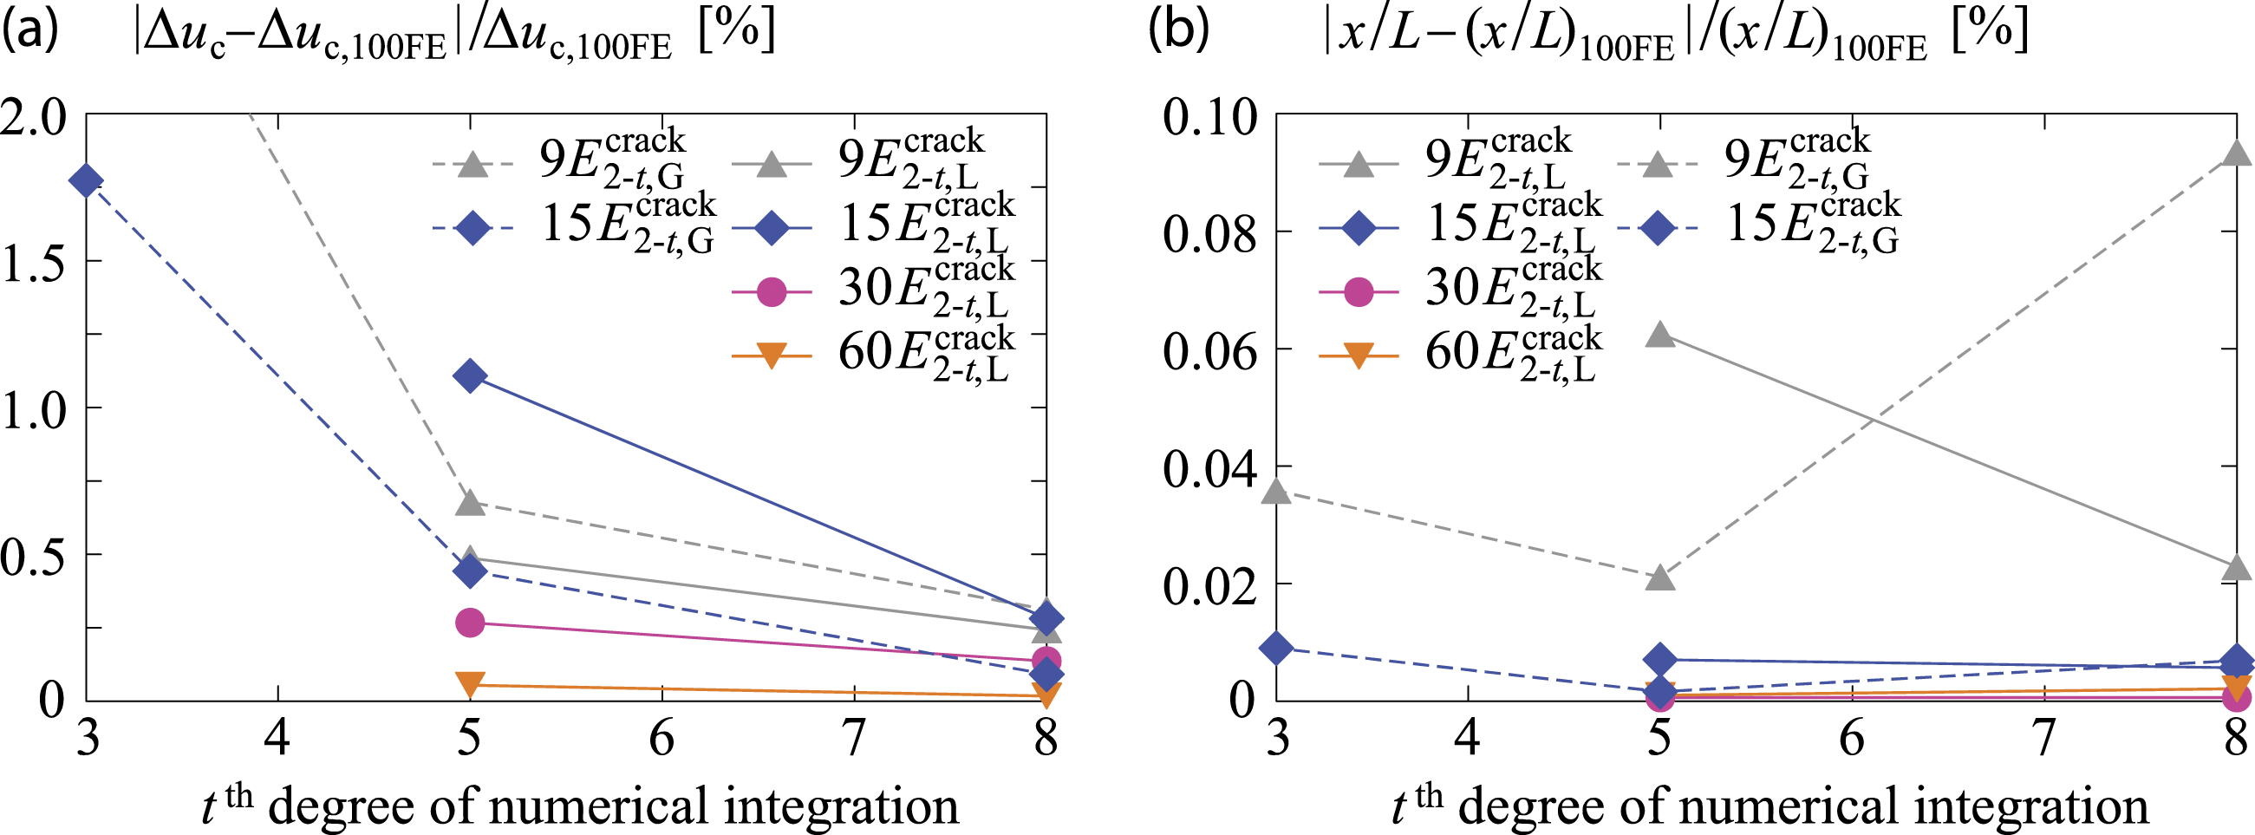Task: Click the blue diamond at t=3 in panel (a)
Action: point(87,181)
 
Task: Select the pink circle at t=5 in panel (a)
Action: point(470,623)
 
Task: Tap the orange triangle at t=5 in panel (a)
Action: point(470,683)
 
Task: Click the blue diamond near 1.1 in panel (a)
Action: point(470,376)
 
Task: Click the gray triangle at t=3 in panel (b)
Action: point(1277,491)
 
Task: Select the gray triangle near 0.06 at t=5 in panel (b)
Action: point(1660,335)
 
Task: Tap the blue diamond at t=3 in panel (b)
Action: point(1277,649)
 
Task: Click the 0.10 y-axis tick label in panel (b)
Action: point(1209,116)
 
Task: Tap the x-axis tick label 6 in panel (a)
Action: point(662,738)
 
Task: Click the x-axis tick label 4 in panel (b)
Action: point(1468,738)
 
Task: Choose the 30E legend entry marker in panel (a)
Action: point(772,290)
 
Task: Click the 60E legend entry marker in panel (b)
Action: point(1358,356)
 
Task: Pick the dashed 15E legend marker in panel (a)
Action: point(472,228)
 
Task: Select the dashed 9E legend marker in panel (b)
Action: point(1655,164)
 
